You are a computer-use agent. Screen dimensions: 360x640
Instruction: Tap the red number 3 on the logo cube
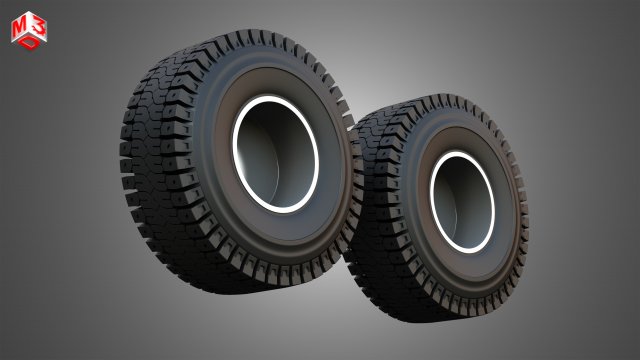pyautogui.click(x=35, y=26)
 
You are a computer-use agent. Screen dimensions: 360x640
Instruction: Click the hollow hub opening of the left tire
pyautogui.click(x=275, y=156)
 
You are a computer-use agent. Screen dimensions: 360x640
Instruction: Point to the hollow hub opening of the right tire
pyautogui.click(x=461, y=200)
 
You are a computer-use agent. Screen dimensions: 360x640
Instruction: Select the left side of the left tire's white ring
pyautogui.click(x=235, y=150)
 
